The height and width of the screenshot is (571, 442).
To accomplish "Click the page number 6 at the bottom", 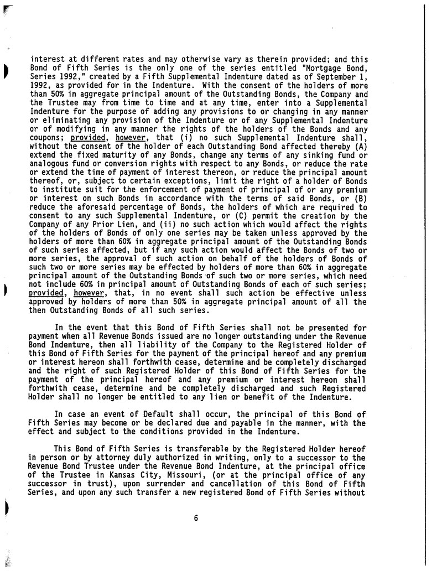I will [x=196, y=518].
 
